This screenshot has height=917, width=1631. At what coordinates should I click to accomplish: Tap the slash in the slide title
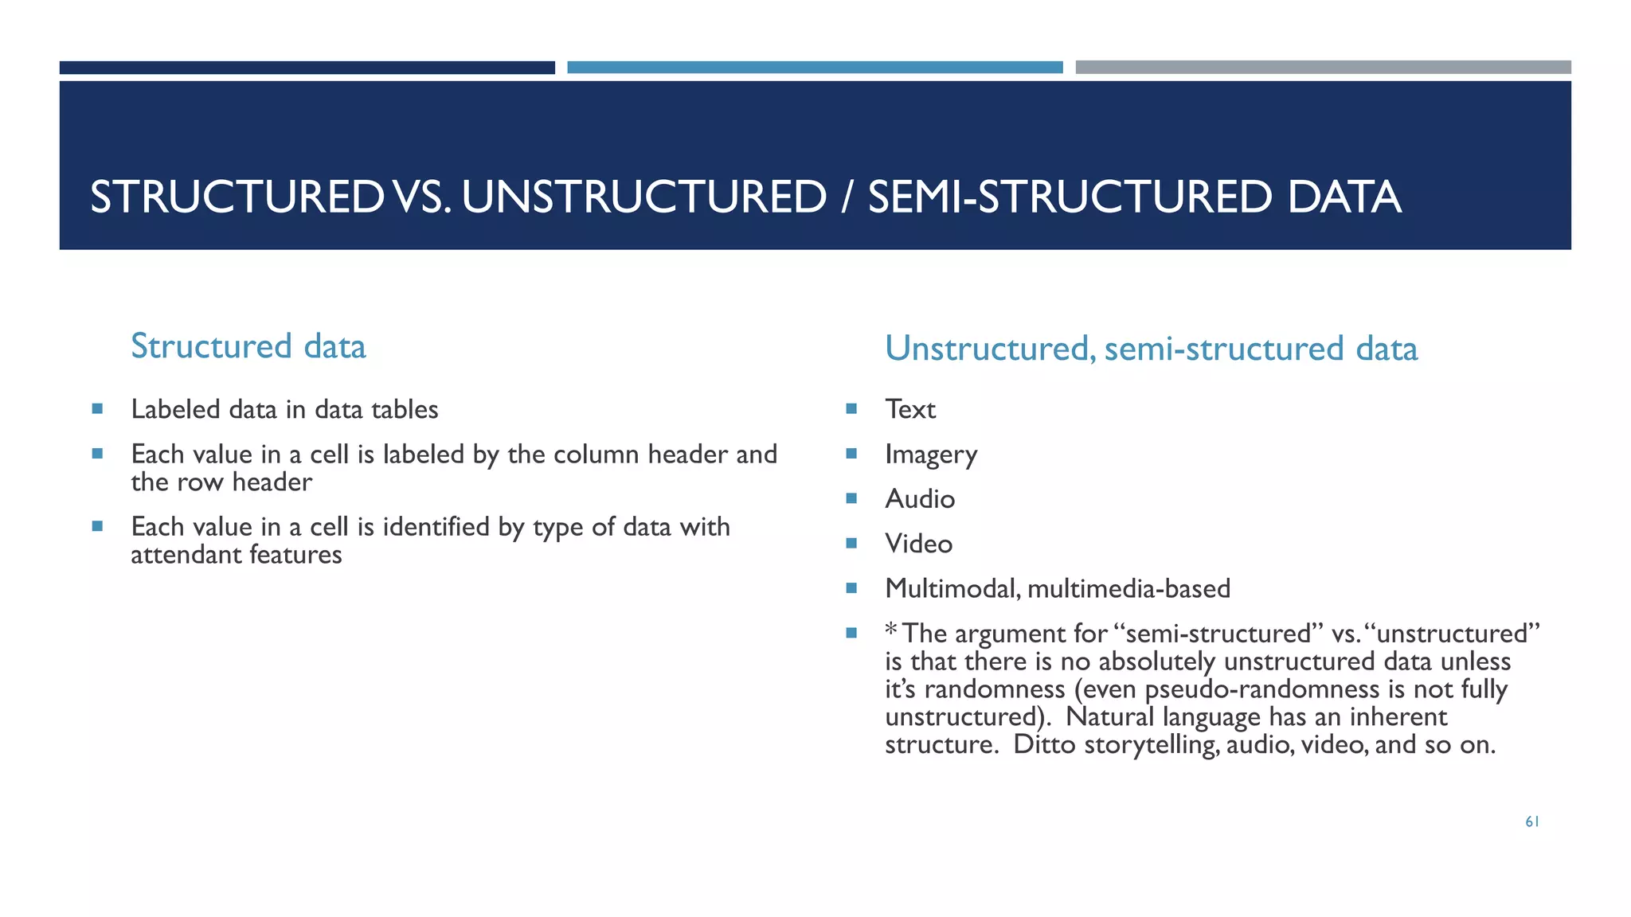[847, 197]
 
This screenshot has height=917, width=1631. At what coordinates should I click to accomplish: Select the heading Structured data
[248, 346]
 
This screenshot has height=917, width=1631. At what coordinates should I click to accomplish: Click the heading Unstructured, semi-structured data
[1151, 349]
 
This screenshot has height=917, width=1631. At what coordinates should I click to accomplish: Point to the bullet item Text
[909, 409]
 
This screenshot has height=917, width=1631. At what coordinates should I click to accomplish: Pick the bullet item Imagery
[930, 455]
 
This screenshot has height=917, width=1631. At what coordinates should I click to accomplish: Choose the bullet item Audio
[919, 499]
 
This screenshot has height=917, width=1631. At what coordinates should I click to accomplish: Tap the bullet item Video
[918, 544]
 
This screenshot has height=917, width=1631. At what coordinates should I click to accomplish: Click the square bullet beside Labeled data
[97, 409]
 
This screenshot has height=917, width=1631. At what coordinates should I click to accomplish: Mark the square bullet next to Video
[851, 544]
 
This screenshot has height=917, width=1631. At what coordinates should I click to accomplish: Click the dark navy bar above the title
[307, 68]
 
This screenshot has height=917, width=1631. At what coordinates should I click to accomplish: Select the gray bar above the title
[1323, 68]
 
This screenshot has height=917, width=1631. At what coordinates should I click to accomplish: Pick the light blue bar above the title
[815, 68]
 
